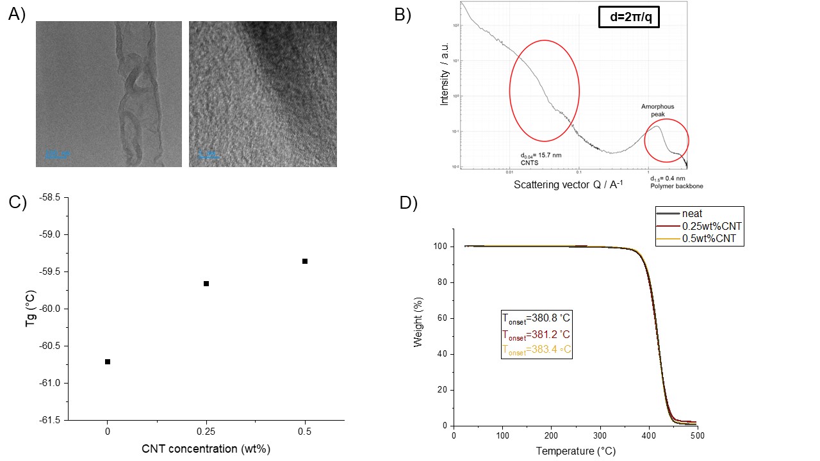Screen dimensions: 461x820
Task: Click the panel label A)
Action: click(x=17, y=15)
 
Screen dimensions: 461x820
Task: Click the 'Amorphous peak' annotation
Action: click(x=658, y=111)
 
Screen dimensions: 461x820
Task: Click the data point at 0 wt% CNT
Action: click(x=108, y=362)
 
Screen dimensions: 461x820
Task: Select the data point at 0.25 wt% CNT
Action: click(x=206, y=284)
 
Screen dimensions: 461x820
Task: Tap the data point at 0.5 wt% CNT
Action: click(x=305, y=261)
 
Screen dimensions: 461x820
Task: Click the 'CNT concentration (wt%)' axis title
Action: click(x=206, y=448)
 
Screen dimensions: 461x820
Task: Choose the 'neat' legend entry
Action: click(x=691, y=213)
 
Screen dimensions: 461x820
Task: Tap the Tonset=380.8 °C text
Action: click(x=536, y=319)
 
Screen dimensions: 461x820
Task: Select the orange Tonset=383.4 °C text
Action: click(x=536, y=350)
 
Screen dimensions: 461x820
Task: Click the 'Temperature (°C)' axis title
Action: click(x=575, y=451)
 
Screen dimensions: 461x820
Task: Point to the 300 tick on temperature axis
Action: click(x=600, y=435)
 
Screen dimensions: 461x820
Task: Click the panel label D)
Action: click(x=409, y=203)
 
